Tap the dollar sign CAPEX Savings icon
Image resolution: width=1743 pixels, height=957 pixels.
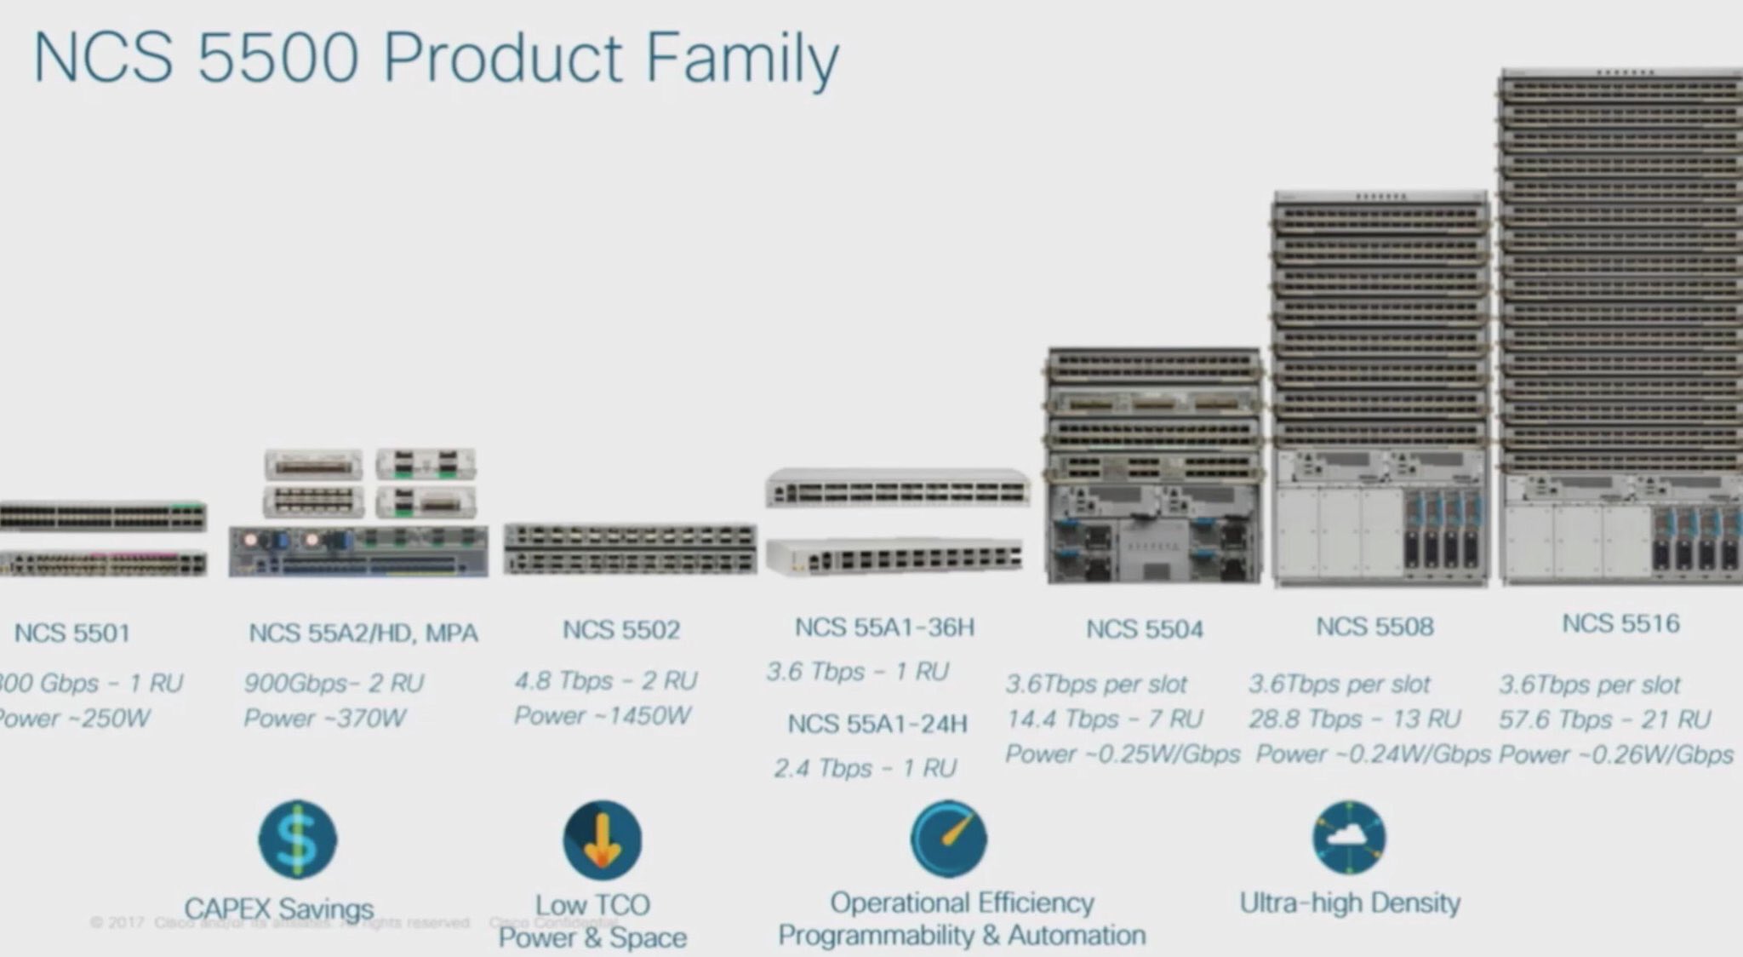pyautogui.click(x=297, y=840)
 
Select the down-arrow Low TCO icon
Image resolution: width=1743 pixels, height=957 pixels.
pyautogui.click(x=602, y=840)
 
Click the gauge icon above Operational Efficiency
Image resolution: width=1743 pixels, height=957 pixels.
pyautogui.click(x=949, y=839)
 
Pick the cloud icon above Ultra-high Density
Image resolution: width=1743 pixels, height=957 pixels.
pyautogui.click(x=1349, y=838)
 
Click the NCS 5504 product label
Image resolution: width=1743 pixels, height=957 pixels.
pyautogui.click(x=1145, y=629)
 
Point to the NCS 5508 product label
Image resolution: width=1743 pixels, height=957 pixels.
pyautogui.click(x=1374, y=627)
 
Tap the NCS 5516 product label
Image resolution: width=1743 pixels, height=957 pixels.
pyautogui.click(x=1620, y=623)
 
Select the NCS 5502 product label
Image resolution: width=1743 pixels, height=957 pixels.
pyautogui.click(x=621, y=629)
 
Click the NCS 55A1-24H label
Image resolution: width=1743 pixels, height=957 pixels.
pyautogui.click(x=877, y=724)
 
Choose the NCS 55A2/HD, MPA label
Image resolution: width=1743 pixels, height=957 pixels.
pyautogui.click(x=363, y=633)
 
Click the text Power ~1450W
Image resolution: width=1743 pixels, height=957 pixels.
pyautogui.click(x=603, y=715)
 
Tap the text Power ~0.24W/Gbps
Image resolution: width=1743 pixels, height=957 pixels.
pyautogui.click(x=1373, y=754)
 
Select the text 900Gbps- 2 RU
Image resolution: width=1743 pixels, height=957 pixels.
pyautogui.click(x=334, y=683)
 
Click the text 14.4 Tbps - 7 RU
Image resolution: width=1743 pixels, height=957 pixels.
pyautogui.click(x=1104, y=719)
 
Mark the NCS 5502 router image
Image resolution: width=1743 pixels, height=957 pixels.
pyautogui.click(x=630, y=549)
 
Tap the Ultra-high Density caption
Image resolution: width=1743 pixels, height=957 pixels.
pyautogui.click(x=1350, y=903)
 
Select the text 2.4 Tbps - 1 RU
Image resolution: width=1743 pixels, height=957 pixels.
pyautogui.click(x=866, y=768)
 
